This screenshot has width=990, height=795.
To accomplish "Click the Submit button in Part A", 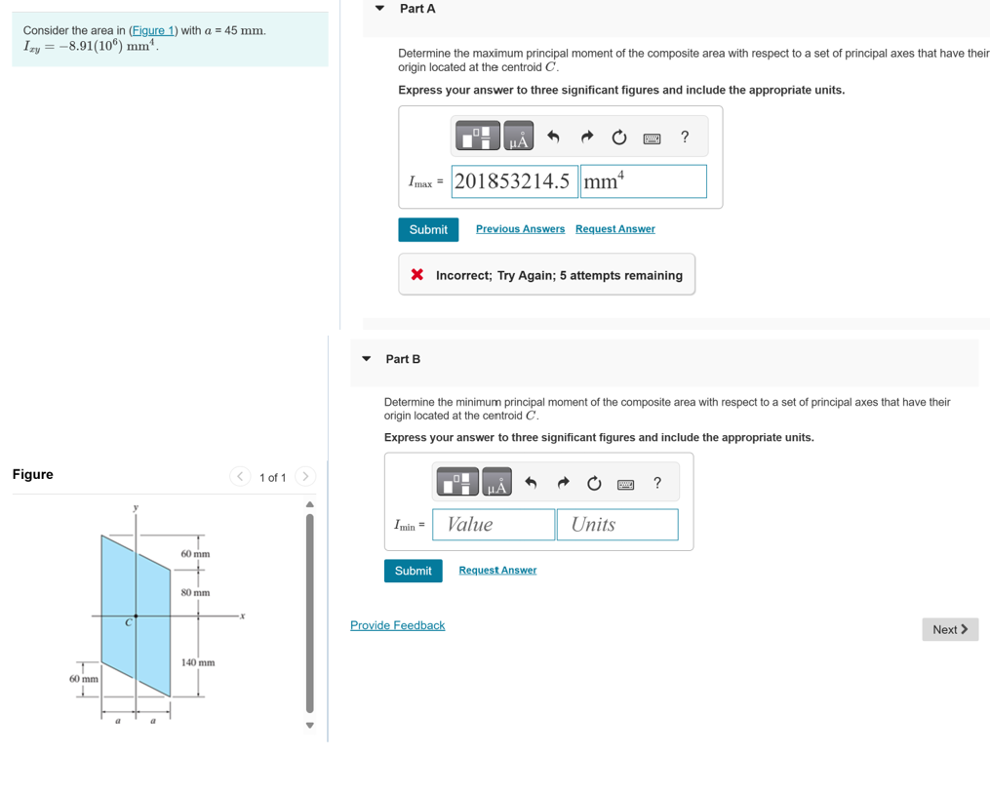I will point(427,229).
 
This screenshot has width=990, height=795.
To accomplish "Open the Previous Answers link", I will point(520,229).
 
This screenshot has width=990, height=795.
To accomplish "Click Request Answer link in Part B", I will point(497,571).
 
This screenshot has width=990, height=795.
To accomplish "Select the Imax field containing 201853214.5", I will point(514,181).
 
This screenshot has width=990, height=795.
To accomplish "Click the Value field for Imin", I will point(494,525).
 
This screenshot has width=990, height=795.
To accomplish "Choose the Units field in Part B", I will point(617,525).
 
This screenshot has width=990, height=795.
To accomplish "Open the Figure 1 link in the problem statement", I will point(153,30).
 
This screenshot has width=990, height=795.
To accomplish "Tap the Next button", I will point(949,629).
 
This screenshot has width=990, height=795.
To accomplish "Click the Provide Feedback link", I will point(397,625).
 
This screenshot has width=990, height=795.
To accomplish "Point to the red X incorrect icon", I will point(417,275).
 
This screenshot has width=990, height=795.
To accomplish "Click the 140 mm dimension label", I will point(198,662).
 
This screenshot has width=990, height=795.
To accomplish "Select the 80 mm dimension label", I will point(195,592).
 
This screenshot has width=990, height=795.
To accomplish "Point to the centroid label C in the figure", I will point(128,623).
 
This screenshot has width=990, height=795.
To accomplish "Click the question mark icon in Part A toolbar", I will point(685,138).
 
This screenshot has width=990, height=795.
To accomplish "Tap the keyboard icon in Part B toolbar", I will point(626,484).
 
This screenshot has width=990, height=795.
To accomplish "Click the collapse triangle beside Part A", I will point(380,9).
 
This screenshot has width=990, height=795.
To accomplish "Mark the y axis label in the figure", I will point(136,507).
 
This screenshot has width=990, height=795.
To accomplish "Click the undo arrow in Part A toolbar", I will point(553,138).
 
